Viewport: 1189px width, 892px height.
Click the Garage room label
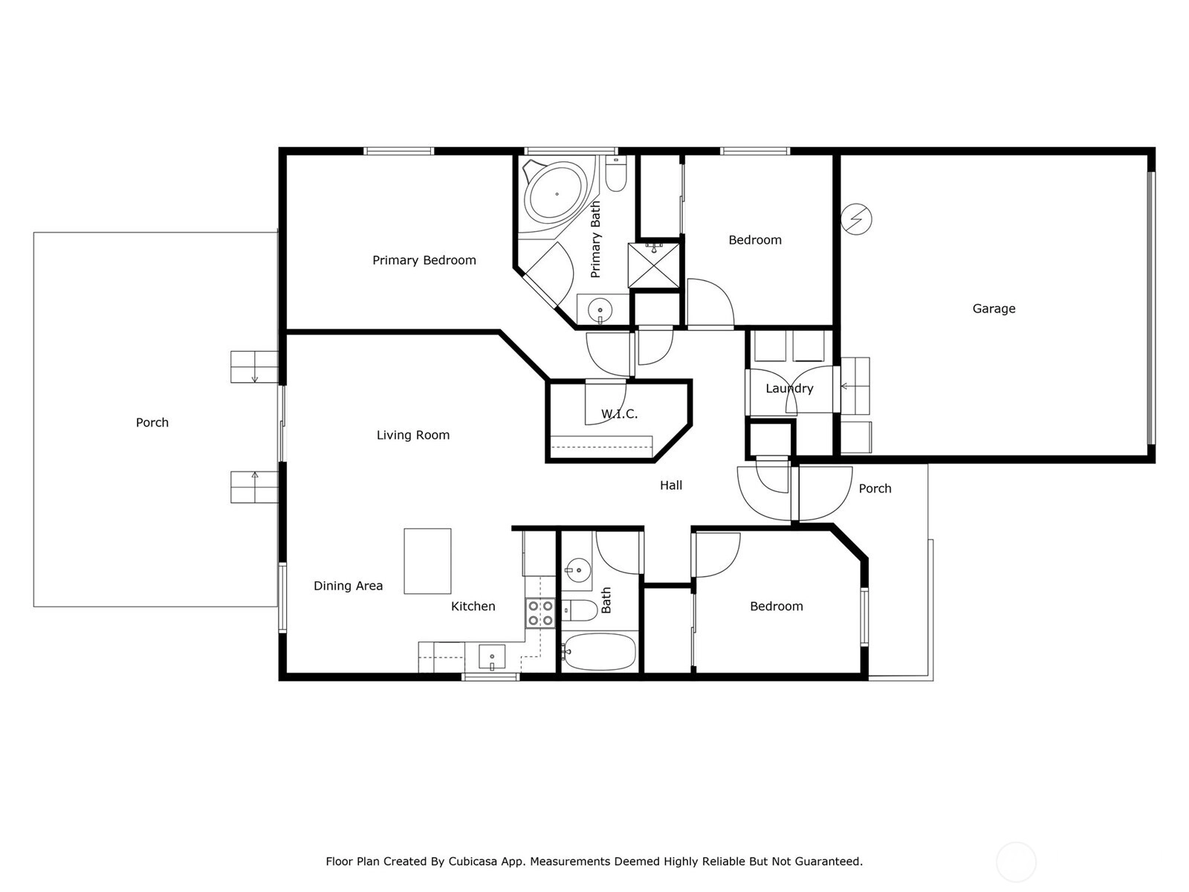coord(994,308)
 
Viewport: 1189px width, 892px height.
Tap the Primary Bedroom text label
coord(424,260)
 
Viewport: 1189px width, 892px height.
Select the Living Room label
coord(412,435)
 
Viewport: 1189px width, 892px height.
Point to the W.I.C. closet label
coord(619,414)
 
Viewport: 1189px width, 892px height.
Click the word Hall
coord(670,485)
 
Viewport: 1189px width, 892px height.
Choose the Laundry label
coord(789,388)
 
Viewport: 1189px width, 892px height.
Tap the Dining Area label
coord(349,586)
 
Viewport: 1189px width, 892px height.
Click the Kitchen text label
coord(473,606)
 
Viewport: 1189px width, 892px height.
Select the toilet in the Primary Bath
coord(616,173)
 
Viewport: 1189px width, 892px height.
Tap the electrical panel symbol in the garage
coord(856,219)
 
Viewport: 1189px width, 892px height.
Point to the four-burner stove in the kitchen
coord(540,613)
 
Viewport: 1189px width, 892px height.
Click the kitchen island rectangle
coord(427,561)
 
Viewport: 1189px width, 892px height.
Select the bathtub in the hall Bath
coord(598,652)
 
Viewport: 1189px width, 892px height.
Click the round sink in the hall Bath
coord(578,569)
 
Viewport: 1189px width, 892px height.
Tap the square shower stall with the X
coord(654,265)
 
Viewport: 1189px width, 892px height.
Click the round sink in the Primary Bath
coord(600,310)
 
